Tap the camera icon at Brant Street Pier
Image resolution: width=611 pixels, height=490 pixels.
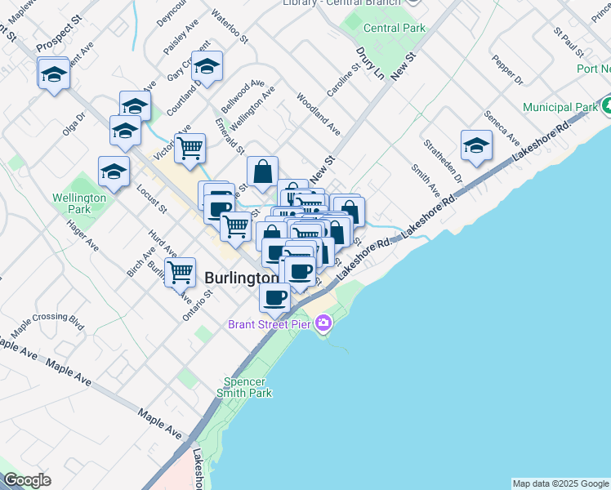[323, 325]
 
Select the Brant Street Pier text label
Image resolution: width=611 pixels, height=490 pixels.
[271, 325]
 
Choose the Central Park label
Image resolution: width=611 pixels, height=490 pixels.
[394, 28]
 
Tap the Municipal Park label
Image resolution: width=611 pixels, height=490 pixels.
[560, 107]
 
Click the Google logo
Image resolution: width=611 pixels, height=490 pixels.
[27, 480]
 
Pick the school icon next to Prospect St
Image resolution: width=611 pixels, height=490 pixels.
[54, 74]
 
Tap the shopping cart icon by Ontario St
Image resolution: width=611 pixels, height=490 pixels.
[180, 272]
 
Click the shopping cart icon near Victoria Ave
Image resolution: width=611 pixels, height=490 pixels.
[190, 149]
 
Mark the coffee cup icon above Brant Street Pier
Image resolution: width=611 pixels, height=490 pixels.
[274, 297]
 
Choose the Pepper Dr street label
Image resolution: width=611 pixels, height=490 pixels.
[508, 70]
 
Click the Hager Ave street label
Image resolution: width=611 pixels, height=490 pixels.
[83, 238]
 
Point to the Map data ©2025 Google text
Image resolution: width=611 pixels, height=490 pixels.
[560, 483]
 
